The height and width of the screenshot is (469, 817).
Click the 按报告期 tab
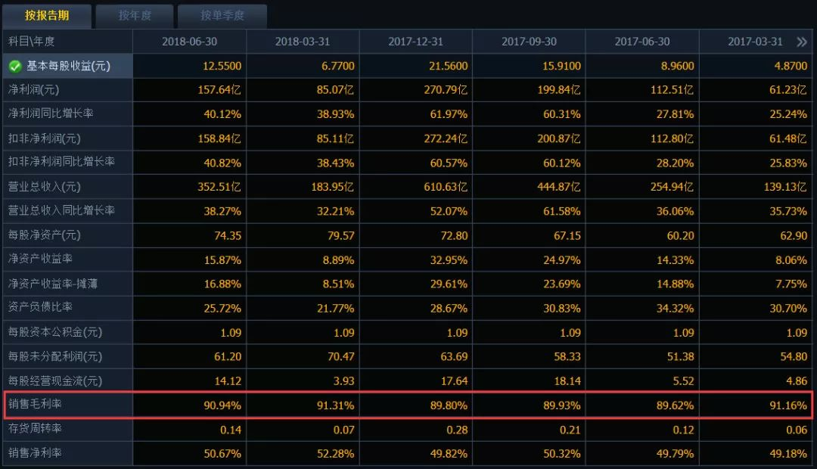click(47, 16)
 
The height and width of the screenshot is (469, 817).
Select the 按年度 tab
click(135, 16)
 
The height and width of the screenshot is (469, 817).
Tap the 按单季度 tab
click(222, 16)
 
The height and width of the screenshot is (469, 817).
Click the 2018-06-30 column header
click(190, 42)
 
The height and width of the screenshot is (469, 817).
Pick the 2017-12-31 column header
click(416, 42)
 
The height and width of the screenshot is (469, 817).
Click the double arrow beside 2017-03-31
click(801, 42)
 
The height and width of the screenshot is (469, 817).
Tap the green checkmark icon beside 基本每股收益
click(15, 66)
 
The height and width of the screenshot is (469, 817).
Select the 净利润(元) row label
click(34, 89)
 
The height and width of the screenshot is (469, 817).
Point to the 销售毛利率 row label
click(35, 404)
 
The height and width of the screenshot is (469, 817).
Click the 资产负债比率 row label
click(40, 307)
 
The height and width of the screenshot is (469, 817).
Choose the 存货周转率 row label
click(35, 428)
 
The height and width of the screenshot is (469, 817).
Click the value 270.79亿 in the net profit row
click(446, 89)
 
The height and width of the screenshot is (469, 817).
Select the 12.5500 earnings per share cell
click(222, 66)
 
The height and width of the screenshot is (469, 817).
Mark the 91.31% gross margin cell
click(336, 405)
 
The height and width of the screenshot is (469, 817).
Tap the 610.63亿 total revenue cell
click(446, 187)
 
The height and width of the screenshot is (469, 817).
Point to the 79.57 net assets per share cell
click(340, 235)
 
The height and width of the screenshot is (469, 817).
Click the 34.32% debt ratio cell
click(675, 309)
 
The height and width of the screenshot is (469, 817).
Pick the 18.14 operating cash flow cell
click(567, 381)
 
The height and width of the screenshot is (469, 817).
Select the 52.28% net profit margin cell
click(336, 453)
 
